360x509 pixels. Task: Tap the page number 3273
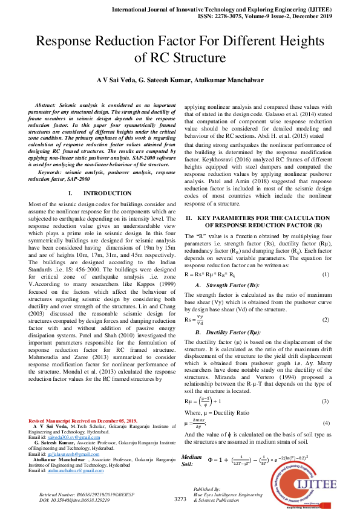180,499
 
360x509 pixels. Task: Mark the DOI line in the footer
74,501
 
